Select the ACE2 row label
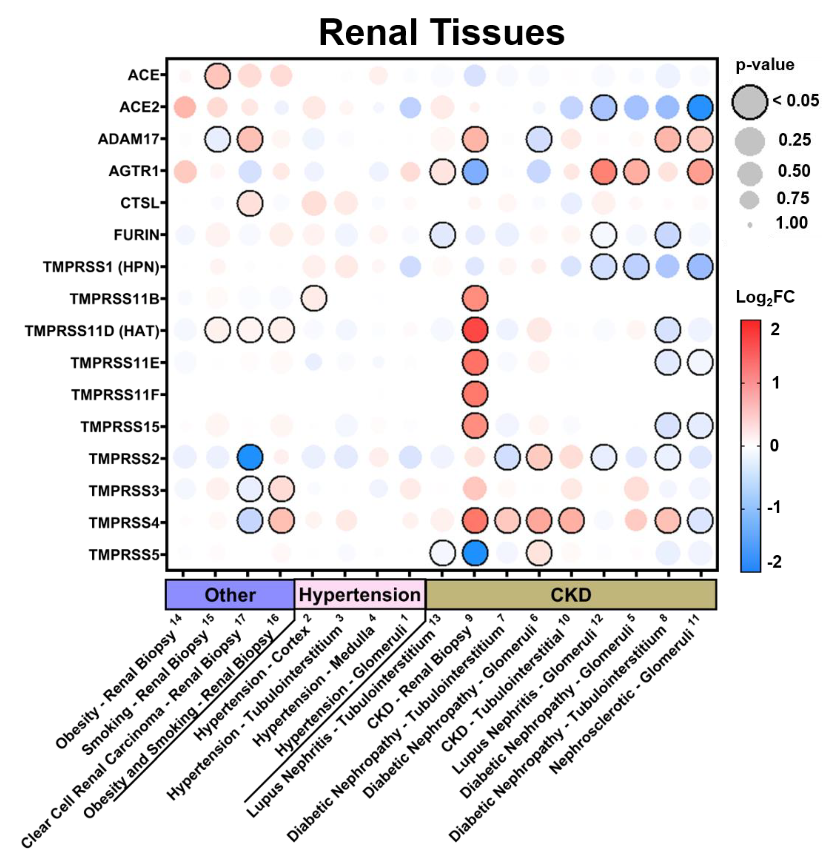(x=139, y=107)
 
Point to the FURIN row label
(x=136, y=235)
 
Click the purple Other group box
(x=230, y=595)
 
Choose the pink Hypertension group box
(x=360, y=595)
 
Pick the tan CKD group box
(x=570, y=595)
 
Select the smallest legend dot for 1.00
(x=750, y=225)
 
